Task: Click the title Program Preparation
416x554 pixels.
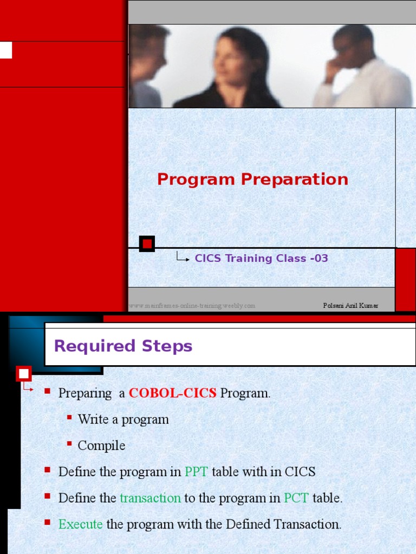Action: [x=252, y=179]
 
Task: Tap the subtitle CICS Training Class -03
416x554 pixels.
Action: [x=261, y=259]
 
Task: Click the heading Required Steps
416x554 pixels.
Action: [x=123, y=346]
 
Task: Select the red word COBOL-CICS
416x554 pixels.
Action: [x=172, y=393]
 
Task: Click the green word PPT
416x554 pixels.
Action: [x=196, y=472]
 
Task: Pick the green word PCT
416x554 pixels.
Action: [x=296, y=498]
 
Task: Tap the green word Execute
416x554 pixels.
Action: [x=80, y=524]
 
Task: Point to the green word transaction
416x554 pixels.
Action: [x=150, y=498]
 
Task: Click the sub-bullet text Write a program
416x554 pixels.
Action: [x=123, y=419]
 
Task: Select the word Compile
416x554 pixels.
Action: [x=101, y=446]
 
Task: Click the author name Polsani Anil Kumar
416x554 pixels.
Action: [x=350, y=306]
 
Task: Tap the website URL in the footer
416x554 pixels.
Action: [x=192, y=306]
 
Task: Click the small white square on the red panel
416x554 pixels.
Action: [x=6, y=50]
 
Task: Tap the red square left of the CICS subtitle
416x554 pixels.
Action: [x=147, y=244]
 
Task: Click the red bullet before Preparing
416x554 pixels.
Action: [x=47, y=391]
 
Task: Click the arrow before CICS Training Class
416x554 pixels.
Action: [x=183, y=259]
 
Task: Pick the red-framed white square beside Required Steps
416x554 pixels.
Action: [x=24, y=373]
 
